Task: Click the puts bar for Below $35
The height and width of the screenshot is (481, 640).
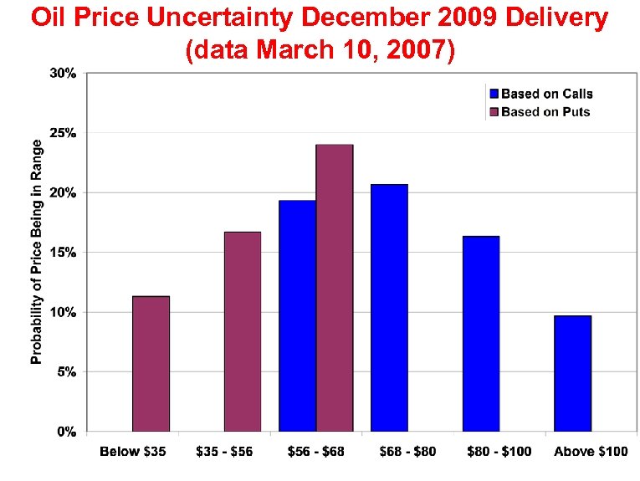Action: [151, 364]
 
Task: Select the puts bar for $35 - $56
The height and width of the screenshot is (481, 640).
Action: [243, 331]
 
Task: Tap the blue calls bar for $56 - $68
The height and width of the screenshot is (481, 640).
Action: [298, 316]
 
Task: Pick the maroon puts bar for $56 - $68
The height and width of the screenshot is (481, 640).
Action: [335, 288]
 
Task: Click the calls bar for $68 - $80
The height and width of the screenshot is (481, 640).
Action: [389, 308]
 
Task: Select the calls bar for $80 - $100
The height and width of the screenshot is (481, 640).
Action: [481, 334]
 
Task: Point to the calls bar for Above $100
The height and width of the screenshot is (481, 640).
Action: [573, 373]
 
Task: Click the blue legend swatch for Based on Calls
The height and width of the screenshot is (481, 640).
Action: [494, 95]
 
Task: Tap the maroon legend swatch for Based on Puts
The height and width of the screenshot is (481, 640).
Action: [494, 112]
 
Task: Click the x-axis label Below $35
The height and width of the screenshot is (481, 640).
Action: [133, 452]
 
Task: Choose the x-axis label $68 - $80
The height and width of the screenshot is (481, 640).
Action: [407, 452]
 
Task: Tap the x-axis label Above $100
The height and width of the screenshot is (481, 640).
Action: [591, 452]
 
